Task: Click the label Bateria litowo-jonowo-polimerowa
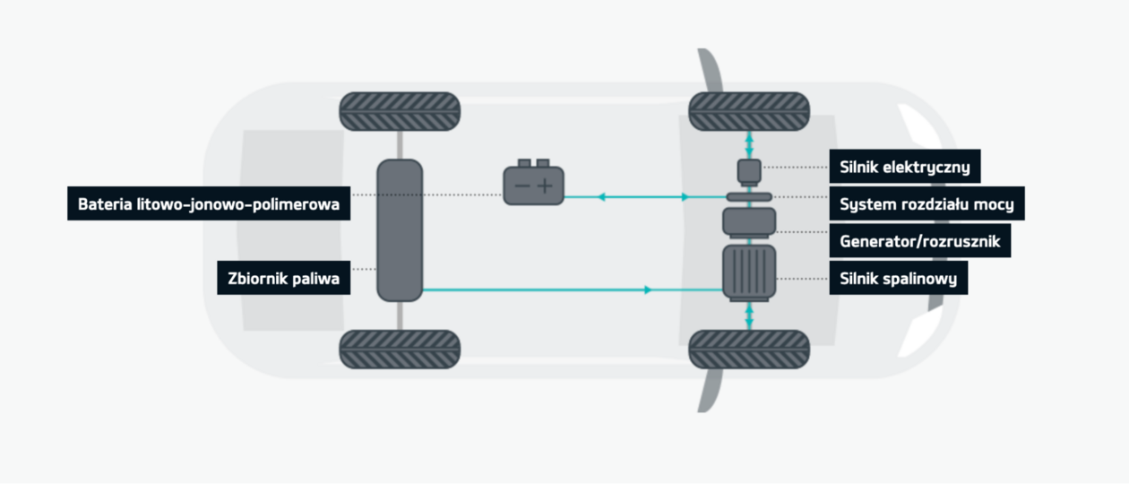coord(209,203)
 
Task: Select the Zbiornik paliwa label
coord(283,279)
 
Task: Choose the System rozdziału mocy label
coord(926,204)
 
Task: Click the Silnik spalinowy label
coord(899,279)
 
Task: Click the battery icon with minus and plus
coord(533,185)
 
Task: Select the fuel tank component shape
coord(400,230)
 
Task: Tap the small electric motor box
coord(749,169)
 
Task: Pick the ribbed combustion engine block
coord(749,272)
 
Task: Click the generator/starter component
coord(749,222)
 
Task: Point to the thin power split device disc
coord(749,196)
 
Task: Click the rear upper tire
coord(400,110)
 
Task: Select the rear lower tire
coord(400,350)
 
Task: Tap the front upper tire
coord(749,110)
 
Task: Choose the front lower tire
coord(749,350)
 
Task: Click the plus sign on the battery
coord(546,186)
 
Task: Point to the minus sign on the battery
coord(520,186)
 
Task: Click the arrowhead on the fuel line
coord(647,290)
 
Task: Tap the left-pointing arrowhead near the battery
coord(601,196)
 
